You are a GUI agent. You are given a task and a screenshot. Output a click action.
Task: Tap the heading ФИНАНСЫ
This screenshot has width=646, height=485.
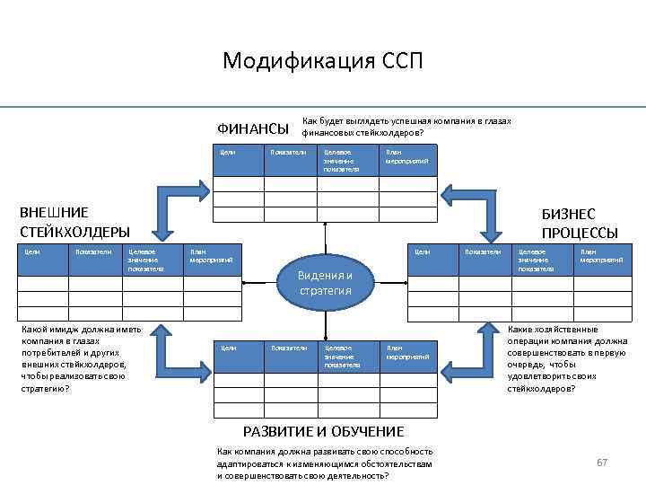click(x=253, y=128)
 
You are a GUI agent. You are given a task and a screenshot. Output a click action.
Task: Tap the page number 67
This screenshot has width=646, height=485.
click(x=602, y=462)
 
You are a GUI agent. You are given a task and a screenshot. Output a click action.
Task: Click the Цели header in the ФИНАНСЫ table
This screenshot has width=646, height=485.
click(x=228, y=153)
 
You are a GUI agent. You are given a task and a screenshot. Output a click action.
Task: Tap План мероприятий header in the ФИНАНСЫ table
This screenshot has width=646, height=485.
click(x=406, y=156)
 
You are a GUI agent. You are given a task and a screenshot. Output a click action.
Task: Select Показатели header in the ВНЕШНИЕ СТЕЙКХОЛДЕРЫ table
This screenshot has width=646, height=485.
click(x=93, y=252)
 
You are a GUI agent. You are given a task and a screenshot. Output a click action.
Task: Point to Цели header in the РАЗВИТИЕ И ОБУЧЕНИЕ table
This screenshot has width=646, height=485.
click(x=228, y=347)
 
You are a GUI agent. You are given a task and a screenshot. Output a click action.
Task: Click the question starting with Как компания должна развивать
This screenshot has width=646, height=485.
click(x=325, y=463)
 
